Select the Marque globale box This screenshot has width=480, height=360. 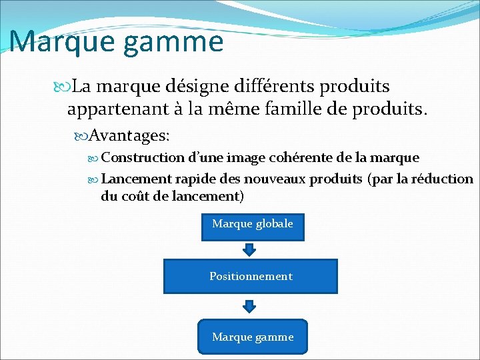(252, 224)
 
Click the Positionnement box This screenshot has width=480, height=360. (251, 276)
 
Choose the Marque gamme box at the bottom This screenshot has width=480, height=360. (252, 337)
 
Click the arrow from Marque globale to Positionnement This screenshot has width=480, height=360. (249, 249)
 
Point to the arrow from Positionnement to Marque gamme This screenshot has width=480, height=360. (249, 306)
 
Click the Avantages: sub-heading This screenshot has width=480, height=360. (129, 135)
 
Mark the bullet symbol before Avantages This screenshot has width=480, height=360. (83, 136)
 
